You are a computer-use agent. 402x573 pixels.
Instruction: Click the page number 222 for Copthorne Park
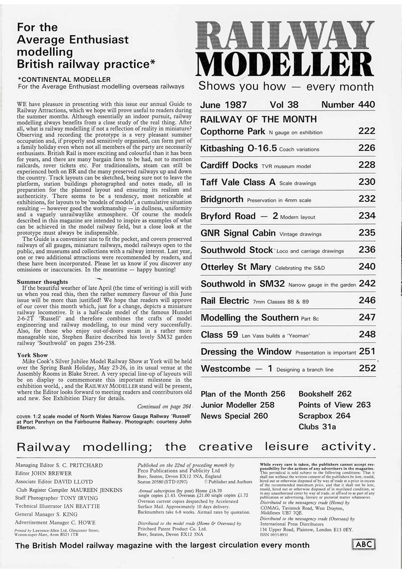[367, 131]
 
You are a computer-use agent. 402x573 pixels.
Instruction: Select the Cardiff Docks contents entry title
[229, 165]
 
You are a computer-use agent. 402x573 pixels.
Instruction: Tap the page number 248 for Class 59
[367, 334]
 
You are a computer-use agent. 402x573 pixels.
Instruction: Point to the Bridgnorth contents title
[222, 199]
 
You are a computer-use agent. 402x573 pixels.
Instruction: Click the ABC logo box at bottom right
[363, 544]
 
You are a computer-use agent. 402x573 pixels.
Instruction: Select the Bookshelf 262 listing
[325, 394]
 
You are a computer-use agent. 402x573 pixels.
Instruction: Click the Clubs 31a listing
[317, 427]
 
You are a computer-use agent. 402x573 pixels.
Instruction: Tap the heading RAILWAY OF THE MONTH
[258, 120]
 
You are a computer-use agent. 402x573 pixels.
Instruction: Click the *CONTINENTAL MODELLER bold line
[64, 79]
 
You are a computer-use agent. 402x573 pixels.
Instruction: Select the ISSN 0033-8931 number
[274, 535]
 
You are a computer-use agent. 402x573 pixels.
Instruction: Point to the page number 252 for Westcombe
[367, 368]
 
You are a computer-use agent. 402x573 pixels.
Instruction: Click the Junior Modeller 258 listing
[237, 405]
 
